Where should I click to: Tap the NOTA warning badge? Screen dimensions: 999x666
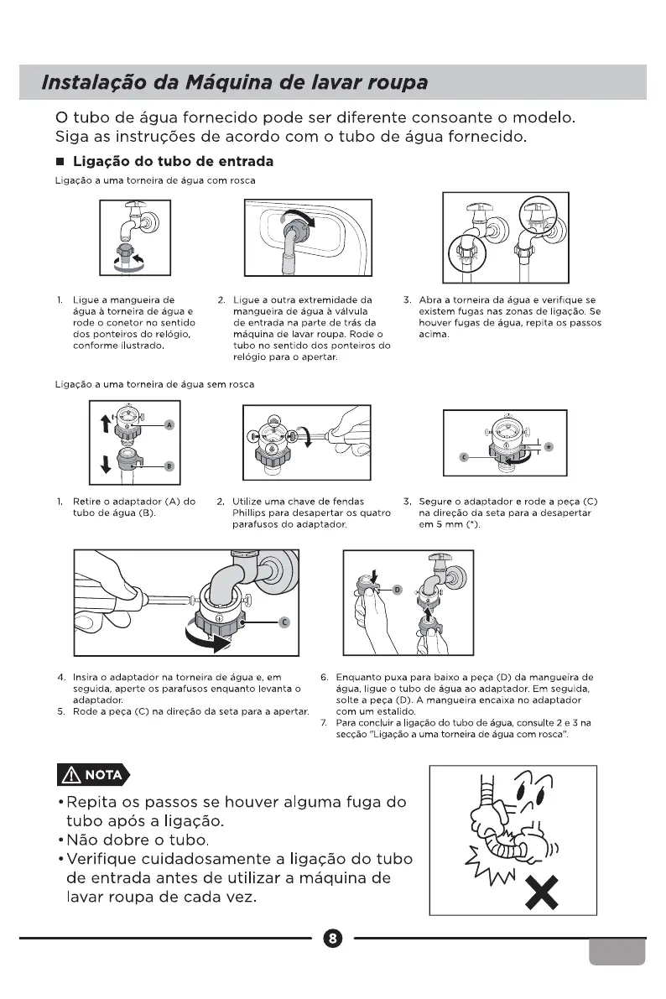[x=93, y=774]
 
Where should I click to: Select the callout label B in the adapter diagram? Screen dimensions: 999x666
[x=168, y=466]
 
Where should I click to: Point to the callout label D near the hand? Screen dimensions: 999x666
[x=398, y=590]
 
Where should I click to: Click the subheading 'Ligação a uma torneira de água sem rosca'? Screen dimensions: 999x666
[x=154, y=384]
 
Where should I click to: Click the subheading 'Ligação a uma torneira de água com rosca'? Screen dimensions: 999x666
[x=154, y=181]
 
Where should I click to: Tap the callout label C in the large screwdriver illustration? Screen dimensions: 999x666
[x=284, y=622]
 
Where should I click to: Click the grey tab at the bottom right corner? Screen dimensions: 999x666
[x=617, y=950]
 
